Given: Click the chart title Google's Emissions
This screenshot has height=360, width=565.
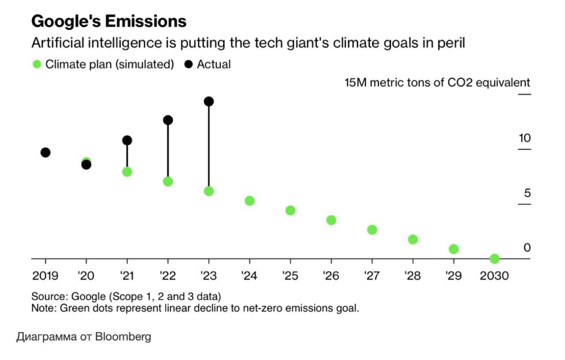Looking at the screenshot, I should pos(108,21).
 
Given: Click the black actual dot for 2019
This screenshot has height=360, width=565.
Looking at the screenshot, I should pos(46,152).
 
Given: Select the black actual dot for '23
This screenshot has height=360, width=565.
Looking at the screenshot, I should pos(209,102).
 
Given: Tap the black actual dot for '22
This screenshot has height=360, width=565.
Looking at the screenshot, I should pos(168,120).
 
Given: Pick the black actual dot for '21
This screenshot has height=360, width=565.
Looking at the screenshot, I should pos(127,140).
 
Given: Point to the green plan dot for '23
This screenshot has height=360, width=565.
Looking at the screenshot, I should pos(209,191).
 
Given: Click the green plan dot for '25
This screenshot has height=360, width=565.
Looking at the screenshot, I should pos(291,210).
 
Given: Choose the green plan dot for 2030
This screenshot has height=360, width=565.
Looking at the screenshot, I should pos(494,259).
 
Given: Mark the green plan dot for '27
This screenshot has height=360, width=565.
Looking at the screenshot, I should pos(372,230).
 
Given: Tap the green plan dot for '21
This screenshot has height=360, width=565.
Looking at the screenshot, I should pos(127,172).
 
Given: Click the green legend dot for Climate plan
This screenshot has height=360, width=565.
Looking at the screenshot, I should pos(37,64).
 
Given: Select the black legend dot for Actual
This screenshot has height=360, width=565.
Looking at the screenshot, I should pos(189,64).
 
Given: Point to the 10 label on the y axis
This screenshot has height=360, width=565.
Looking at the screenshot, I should pos(524,138).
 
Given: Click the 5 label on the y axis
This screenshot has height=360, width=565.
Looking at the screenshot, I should pos(527,193).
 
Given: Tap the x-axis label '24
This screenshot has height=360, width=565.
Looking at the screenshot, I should pos(250,276).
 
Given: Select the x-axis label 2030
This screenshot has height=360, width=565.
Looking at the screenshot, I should pos(494,276).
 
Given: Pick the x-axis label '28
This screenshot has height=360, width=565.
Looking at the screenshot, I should pos(412,276).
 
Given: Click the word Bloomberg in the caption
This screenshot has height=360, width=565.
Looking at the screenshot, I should pos(123,337).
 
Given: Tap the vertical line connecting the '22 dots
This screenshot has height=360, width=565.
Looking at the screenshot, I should pos(168,151).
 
